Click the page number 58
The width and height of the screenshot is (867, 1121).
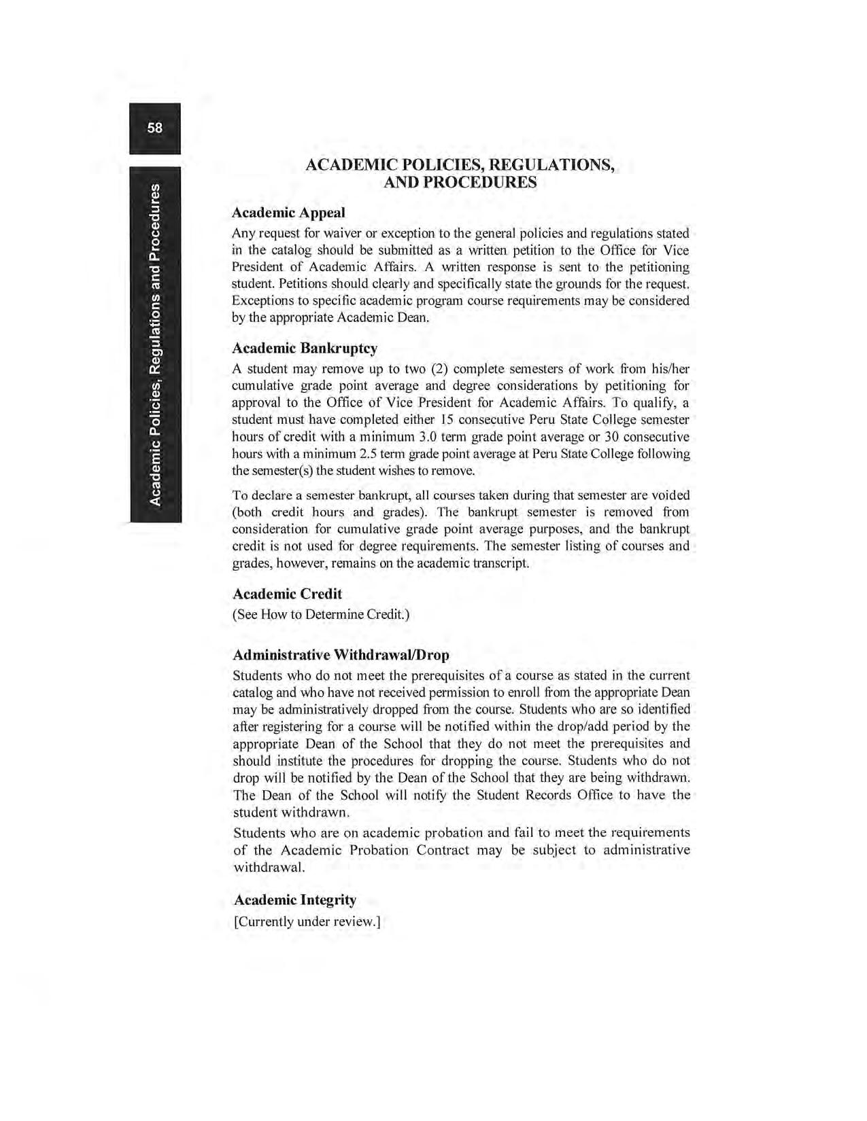[x=155, y=128]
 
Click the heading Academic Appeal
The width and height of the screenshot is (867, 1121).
[x=288, y=213]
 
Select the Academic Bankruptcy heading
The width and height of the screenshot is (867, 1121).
[x=305, y=349]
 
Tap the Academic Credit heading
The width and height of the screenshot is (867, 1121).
[x=287, y=594]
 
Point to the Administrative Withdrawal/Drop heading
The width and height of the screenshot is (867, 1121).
[x=341, y=655]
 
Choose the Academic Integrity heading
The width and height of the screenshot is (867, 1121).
[x=294, y=900]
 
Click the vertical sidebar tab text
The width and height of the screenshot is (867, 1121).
[x=156, y=344]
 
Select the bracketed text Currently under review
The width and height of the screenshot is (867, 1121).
[x=307, y=921]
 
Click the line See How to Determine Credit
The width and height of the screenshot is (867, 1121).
[x=321, y=615]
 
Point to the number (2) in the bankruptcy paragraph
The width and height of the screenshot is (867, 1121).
[x=439, y=369]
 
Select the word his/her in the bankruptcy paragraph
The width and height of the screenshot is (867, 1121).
[x=670, y=369]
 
